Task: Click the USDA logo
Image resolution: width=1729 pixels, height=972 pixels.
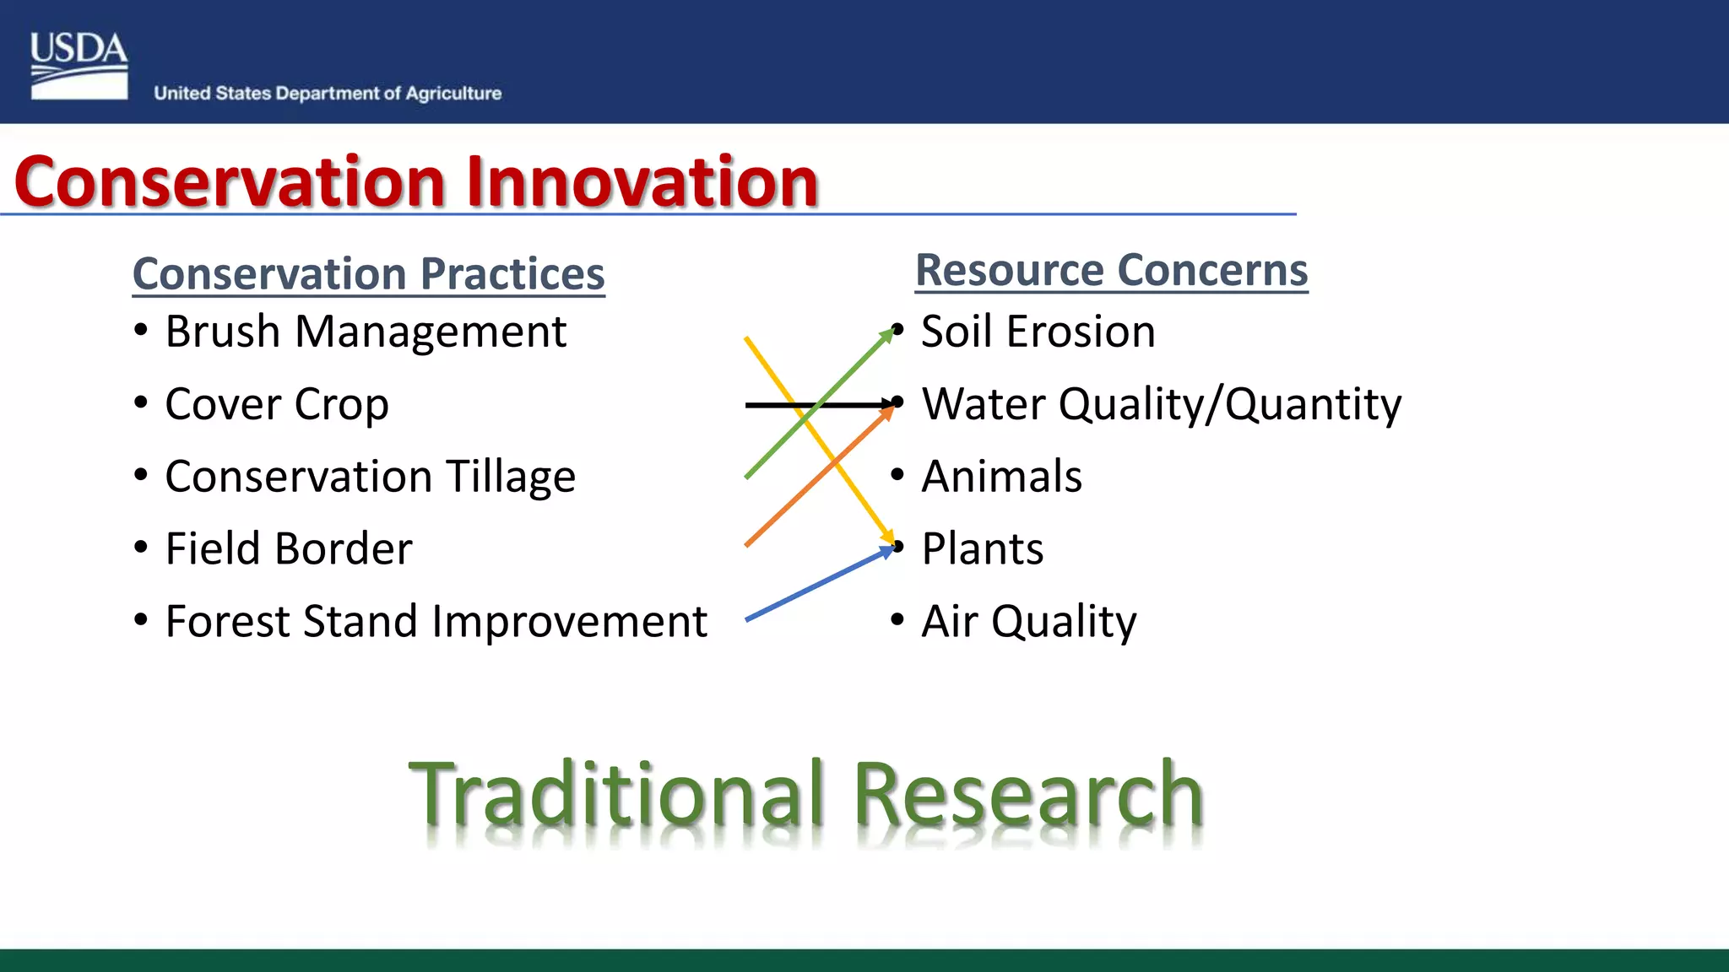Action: (79, 66)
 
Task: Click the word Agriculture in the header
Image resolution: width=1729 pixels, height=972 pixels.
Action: (453, 94)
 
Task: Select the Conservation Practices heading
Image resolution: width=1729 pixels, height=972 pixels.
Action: (368, 274)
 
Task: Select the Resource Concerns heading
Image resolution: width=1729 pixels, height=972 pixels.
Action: (1111, 271)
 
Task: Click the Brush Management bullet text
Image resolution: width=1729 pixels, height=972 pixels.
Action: (365, 332)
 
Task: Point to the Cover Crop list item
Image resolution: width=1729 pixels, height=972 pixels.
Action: (276, 404)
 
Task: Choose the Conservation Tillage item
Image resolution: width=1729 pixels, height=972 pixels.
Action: (370, 477)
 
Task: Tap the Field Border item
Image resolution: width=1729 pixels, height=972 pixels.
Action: (288, 549)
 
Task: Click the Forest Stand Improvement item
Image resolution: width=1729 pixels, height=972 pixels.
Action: (435, 622)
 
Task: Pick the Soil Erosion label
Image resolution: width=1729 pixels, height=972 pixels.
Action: (1038, 332)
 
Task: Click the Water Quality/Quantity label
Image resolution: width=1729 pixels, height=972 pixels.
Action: (1161, 404)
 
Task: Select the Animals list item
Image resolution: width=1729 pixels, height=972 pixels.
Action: (1001, 477)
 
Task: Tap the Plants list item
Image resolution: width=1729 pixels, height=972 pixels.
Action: (982, 549)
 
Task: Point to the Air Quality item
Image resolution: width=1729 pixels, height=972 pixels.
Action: (1028, 622)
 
